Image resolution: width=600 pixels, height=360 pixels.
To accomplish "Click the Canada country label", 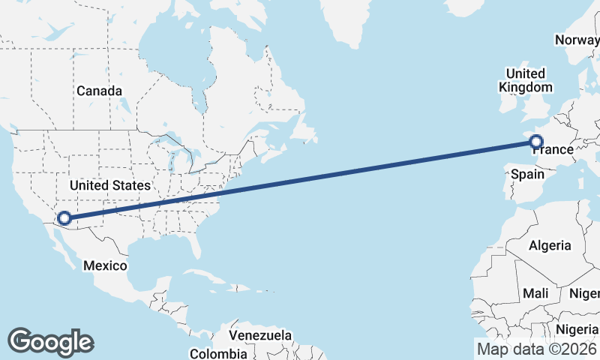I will click(x=99, y=91).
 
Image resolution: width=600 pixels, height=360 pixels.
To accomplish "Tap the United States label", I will click(x=109, y=184).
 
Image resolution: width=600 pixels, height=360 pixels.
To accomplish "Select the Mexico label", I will click(x=106, y=265).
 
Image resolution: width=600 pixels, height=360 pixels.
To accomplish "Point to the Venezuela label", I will click(x=260, y=334).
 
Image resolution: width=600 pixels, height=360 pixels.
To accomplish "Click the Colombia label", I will click(x=218, y=353).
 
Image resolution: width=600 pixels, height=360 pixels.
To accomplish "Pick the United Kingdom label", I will click(x=525, y=79).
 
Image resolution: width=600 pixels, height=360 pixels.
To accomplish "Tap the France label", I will click(x=553, y=150).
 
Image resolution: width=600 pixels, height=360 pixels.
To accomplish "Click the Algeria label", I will click(x=550, y=245).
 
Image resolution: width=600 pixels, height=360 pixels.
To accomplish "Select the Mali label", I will click(x=536, y=293).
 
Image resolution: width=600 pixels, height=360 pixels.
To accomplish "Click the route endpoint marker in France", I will click(x=536, y=140).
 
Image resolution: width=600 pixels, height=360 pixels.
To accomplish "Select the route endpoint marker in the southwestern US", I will click(x=64, y=218).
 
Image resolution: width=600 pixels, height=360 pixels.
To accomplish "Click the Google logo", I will click(x=50, y=342).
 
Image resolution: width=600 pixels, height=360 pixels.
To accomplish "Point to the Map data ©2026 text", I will click(x=536, y=349).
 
